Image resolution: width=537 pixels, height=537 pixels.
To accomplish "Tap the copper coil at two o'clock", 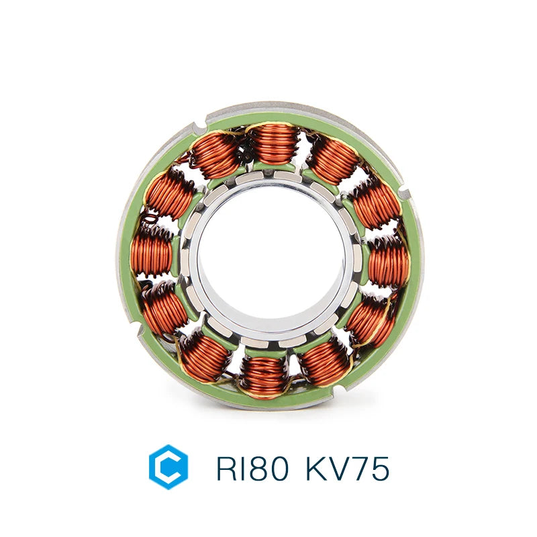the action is [376, 202].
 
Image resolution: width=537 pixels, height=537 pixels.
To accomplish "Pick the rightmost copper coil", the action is [389, 260].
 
